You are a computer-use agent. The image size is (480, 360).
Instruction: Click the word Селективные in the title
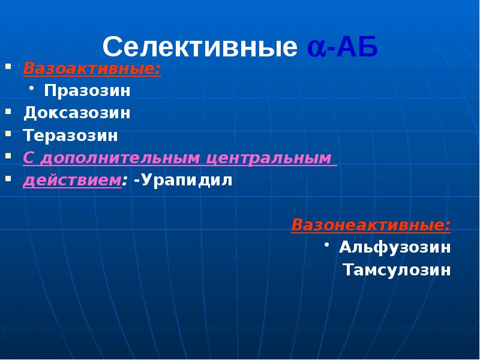200,47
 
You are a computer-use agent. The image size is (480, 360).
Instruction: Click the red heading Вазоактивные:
92,68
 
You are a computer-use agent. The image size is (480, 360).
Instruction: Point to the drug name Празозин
86,91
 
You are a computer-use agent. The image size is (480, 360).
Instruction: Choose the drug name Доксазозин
77,113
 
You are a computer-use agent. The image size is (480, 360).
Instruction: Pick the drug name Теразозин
71,135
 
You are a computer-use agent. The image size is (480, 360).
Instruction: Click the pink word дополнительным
118,158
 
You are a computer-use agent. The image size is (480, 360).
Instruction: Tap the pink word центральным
269,158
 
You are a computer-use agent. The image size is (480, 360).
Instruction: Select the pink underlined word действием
73,181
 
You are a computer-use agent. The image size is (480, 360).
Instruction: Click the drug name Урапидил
186,181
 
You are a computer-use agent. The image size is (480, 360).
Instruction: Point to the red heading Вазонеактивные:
371,225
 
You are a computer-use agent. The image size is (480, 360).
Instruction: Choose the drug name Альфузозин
394,247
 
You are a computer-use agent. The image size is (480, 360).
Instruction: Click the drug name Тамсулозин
397,270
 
